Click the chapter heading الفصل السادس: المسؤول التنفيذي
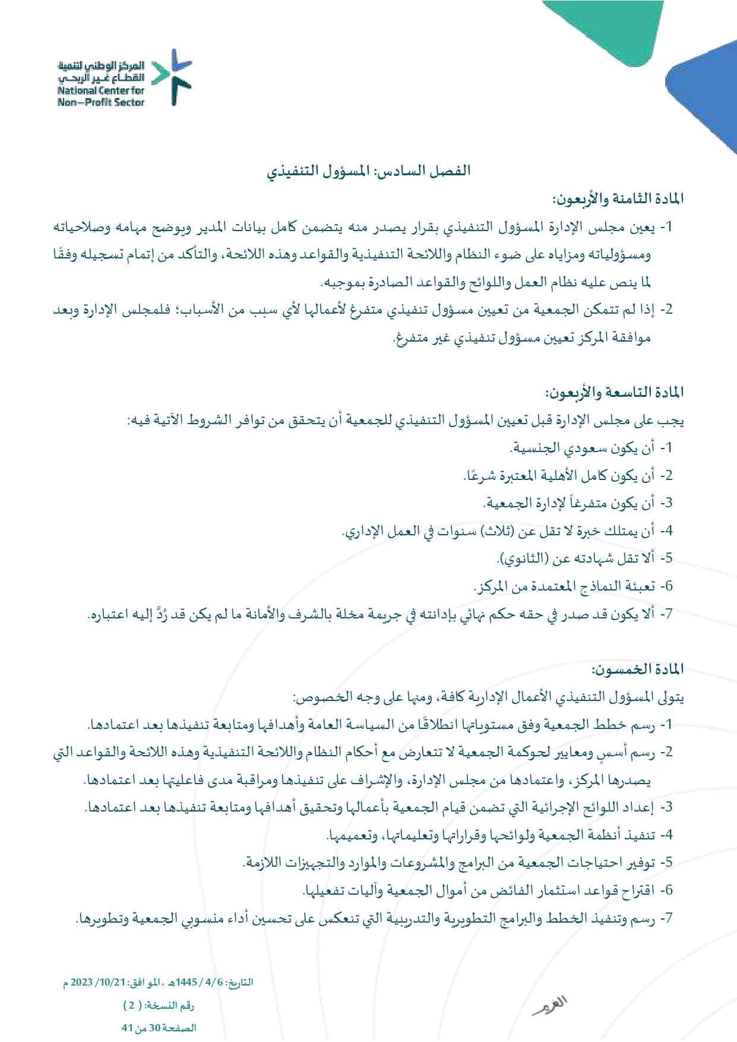tap(368, 171)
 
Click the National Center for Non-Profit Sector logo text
tap(101, 84)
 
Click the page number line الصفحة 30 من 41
tap(159, 1028)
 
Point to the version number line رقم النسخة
tap(159, 1005)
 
